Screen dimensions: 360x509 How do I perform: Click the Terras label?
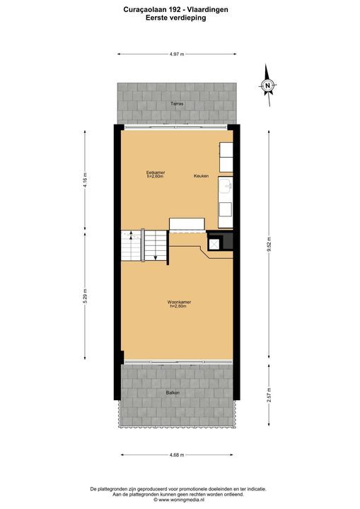(178, 104)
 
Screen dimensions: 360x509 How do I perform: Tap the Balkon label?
(173, 393)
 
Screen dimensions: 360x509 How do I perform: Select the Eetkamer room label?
(156, 172)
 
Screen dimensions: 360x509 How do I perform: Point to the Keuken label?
(201, 176)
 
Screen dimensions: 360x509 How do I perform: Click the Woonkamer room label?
(179, 302)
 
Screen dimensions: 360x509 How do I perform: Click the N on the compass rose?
(268, 86)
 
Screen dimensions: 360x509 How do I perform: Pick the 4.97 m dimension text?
(177, 54)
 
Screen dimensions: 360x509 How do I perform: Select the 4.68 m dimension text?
(177, 455)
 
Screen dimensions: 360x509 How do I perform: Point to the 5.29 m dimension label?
(85, 296)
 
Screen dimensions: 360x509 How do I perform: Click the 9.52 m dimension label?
(269, 245)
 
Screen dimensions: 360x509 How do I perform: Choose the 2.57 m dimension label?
(269, 394)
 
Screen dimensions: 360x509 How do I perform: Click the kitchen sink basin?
(225, 185)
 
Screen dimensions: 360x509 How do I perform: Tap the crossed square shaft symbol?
(214, 244)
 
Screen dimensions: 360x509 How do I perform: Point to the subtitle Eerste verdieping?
(176, 18)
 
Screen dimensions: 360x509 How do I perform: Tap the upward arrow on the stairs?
(131, 235)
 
